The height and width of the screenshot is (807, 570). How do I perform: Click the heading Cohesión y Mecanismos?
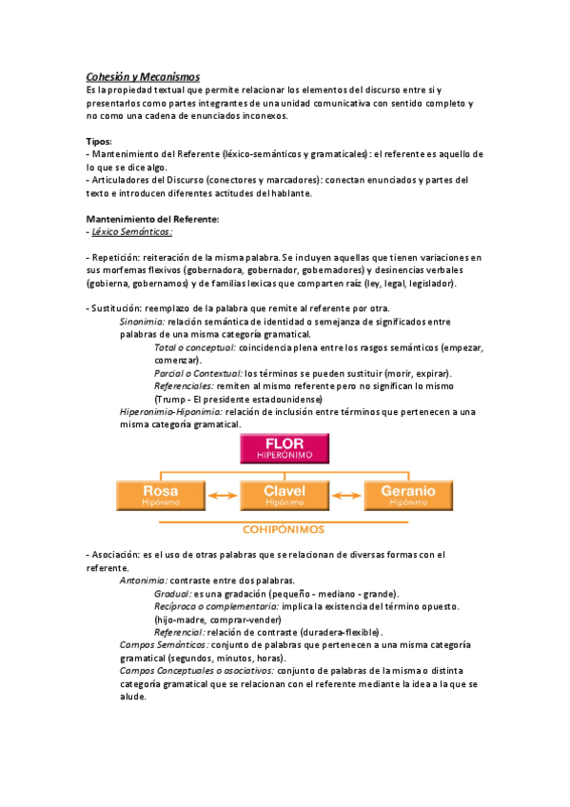(143, 76)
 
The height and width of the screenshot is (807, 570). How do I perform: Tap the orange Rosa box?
(160, 494)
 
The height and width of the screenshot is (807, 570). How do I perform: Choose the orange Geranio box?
(408, 494)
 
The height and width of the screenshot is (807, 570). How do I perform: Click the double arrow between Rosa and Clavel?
(222, 495)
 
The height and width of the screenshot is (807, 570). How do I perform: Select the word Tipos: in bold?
(99, 141)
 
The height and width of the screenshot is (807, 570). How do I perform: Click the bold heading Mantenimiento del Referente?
(152, 218)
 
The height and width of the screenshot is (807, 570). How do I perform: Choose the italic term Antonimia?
(145, 580)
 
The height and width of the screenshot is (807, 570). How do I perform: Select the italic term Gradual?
(172, 593)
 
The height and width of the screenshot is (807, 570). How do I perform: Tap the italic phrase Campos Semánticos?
(165, 644)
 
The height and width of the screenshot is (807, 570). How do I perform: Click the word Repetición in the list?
(115, 258)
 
